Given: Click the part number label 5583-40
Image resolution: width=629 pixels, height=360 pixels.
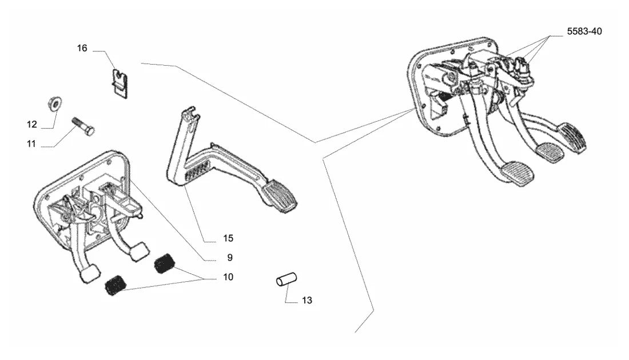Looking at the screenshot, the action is point(584,31).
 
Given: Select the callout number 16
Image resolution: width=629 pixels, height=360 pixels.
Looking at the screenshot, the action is point(82,49).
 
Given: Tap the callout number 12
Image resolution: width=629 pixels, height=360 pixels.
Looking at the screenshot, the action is point(31,124).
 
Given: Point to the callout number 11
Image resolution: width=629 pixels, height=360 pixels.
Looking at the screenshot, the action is point(31,143).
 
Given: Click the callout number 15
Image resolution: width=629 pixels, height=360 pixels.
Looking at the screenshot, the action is point(228,238).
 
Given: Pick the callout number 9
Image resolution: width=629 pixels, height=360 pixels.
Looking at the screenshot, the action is point(230,257).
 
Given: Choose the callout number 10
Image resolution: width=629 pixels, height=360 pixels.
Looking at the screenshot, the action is point(228,277).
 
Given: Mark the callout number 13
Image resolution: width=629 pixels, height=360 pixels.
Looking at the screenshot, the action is point(307,300).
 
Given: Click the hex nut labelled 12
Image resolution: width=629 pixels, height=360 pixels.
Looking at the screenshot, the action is point(54,103).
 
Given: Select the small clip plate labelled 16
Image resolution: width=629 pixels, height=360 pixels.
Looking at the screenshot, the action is point(120,83).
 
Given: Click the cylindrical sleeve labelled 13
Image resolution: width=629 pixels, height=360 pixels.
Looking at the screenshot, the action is point(286,279).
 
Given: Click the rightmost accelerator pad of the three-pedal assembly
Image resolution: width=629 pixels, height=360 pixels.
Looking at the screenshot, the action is point(574,137).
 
